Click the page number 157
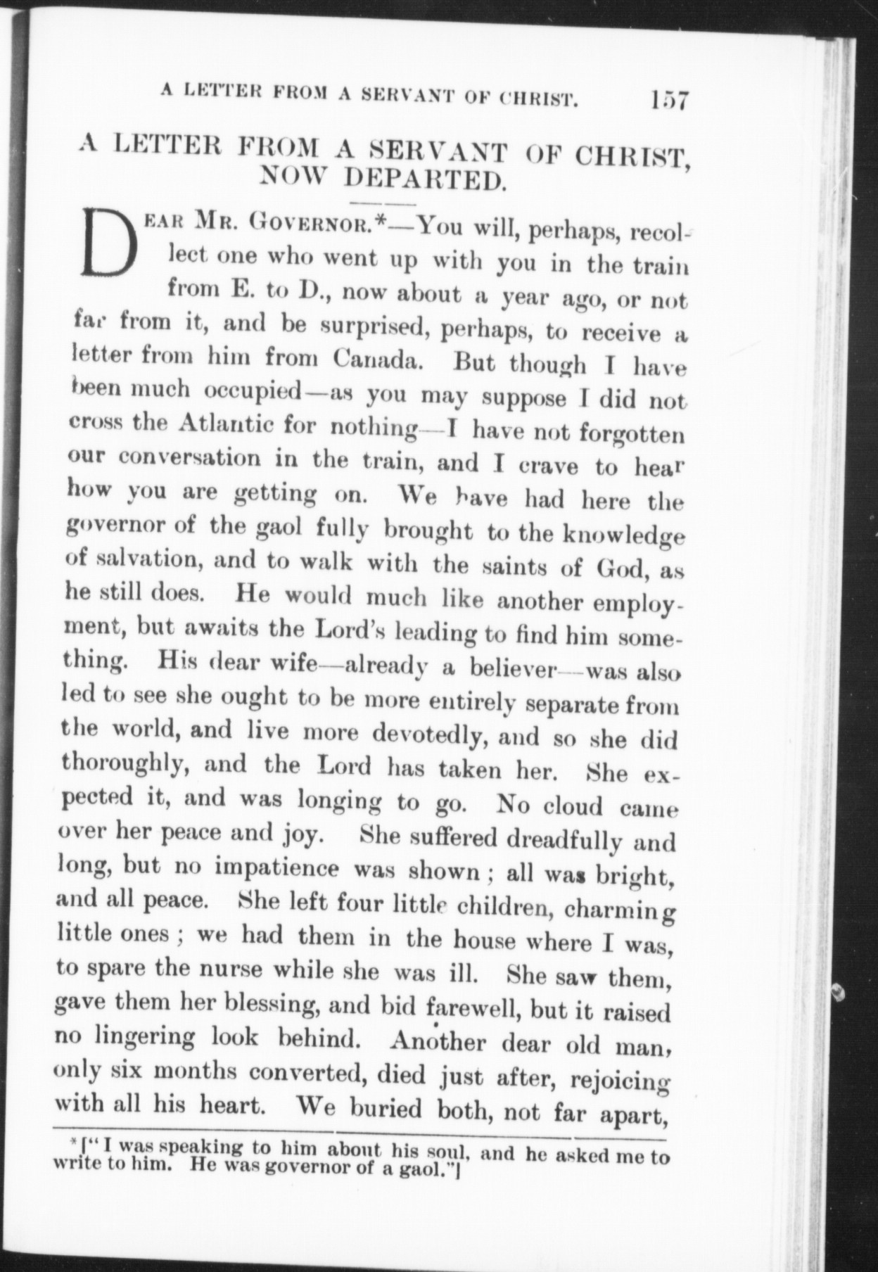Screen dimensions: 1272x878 pos(670,99)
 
